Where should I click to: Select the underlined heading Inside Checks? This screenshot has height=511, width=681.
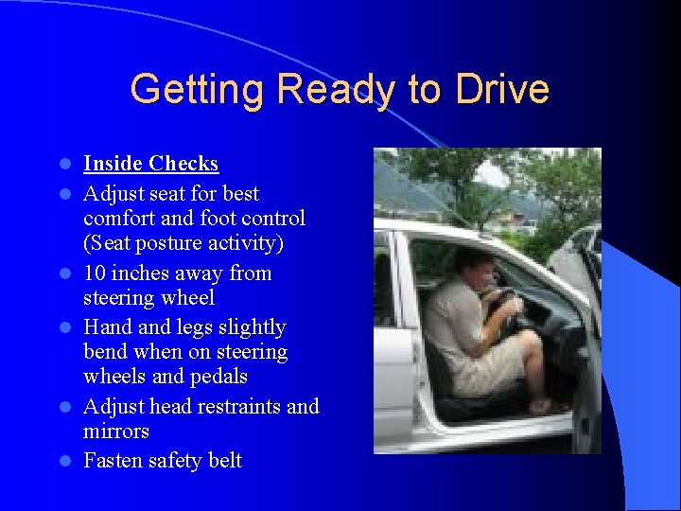150,164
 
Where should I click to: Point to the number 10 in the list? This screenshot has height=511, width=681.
95,273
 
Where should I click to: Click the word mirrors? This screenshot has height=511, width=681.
116,432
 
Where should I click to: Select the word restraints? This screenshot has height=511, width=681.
234,407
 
